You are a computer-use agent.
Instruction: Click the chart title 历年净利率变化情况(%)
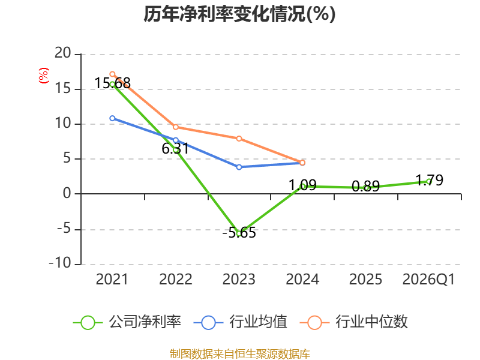pyautogui.click(x=239, y=14)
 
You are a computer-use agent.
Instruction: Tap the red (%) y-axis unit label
pyautogui.click(x=43, y=76)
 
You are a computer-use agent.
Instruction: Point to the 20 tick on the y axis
pyautogui.click(x=63, y=53)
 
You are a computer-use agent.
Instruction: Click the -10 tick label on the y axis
pyautogui.click(x=60, y=263)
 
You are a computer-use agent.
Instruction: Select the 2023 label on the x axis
pyautogui.click(x=239, y=279)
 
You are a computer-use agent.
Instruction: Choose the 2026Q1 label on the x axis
pyautogui.click(x=428, y=279)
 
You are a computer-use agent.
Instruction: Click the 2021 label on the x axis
pyautogui.click(x=112, y=279)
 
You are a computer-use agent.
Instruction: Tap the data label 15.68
pyautogui.click(x=112, y=83)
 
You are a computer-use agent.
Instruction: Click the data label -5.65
pyautogui.click(x=239, y=233)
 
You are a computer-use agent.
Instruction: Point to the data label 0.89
pyautogui.click(x=365, y=186)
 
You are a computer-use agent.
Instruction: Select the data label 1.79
pyautogui.click(x=429, y=180)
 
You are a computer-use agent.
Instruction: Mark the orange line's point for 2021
pyautogui.click(x=112, y=74)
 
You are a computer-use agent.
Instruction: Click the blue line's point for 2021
pyautogui.click(x=112, y=118)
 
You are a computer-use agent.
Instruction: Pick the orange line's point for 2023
pyautogui.click(x=239, y=139)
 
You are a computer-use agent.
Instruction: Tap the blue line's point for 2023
pyautogui.click(x=239, y=167)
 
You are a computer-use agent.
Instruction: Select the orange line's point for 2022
pyautogui.click(x=176, y=127)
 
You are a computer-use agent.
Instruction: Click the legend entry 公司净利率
pyautogui.click(x=127, y=322)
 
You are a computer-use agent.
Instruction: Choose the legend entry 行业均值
pyautogui.click(x=241, y=322)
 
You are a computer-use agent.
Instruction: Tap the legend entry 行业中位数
pyautogui.click(x=353, y=322)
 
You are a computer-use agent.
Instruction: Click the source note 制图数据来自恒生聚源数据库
pyautogui.click(x=239, y=354)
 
